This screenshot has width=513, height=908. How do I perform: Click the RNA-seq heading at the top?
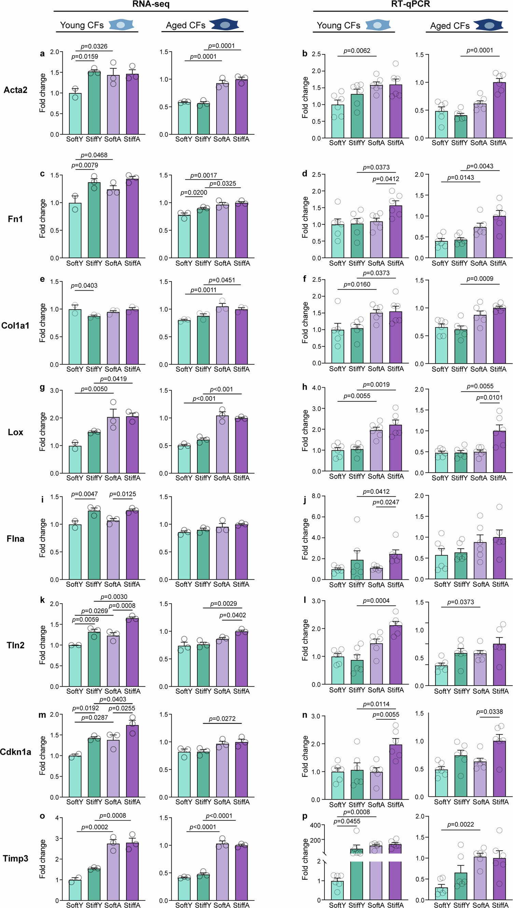click(151, 4)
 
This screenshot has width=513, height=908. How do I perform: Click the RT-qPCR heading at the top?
click(410, 4)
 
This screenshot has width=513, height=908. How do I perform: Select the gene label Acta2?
click(15, 90)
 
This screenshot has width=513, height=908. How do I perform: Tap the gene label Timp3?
click(15, 858)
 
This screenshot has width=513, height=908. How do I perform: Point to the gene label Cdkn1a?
click(15, 752)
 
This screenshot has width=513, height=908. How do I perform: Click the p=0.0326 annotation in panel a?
click(94, 46)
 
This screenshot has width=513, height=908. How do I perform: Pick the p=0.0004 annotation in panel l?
click(376, 601)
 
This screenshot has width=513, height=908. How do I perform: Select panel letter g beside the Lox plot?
click(42, 388)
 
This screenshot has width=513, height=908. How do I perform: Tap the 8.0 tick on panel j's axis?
click(316, 496)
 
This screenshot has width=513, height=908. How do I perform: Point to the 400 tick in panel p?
click(316, 825)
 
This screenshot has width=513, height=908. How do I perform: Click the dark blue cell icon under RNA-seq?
click(224, 25)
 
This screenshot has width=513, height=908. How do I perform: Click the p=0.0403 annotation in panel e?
click(84, 286)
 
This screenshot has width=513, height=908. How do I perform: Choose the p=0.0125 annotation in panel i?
click(122, 494)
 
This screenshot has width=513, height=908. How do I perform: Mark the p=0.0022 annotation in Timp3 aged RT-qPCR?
click(460, 824)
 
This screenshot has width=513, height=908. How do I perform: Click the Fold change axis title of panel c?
click(43, 218)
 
